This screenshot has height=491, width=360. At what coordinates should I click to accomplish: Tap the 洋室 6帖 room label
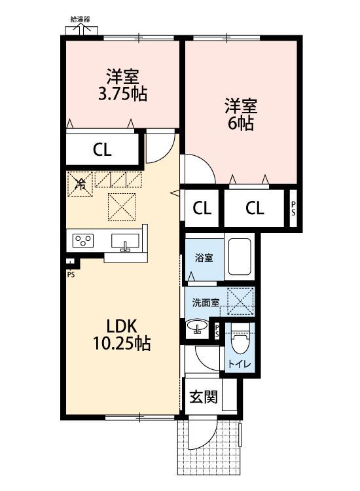click(241, 114)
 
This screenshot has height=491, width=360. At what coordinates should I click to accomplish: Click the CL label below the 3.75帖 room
click(101, 150)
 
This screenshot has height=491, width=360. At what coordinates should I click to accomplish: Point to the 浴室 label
click(203, 257)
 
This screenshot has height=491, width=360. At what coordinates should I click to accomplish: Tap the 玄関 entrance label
click(203, 397)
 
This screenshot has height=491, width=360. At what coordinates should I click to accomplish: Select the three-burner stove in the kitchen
click(84, 240)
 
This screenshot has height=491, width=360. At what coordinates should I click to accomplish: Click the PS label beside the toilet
click(217, 332)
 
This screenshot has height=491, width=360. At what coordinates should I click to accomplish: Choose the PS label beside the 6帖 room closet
click(293, 208)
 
